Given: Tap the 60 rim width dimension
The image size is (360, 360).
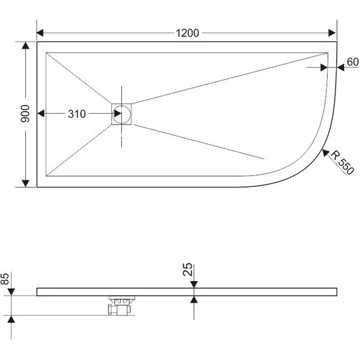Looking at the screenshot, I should (352, 62).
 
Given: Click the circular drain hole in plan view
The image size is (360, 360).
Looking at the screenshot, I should (123, 114).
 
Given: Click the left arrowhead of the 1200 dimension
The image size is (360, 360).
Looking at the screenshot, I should (41, 33).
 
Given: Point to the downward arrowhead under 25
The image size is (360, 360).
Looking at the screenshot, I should (194, 286).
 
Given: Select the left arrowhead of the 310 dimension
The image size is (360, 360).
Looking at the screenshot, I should (42, 114).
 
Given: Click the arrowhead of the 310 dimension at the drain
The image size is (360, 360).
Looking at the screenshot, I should (117, 114).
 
